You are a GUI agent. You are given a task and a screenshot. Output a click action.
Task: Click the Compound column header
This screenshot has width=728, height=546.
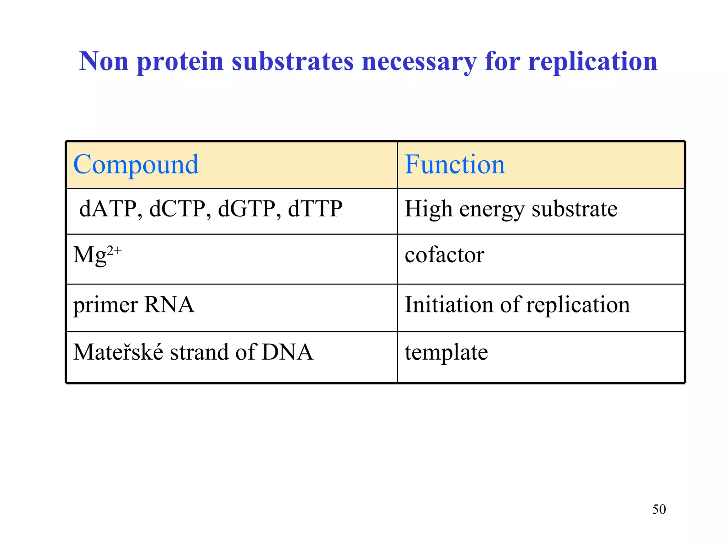(136, 165)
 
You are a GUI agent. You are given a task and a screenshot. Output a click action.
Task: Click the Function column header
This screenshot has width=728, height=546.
(455, 165)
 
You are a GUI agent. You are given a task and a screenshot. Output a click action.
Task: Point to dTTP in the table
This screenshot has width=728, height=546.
(315, 209)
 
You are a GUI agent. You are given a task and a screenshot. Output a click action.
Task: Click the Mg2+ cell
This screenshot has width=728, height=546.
(97, 255)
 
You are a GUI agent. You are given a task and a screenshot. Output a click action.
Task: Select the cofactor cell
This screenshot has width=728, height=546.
(444, 255)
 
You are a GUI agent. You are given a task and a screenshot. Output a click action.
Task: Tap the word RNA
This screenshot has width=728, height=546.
(169, 305)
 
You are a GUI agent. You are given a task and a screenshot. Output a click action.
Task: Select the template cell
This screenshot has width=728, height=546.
(446, 353)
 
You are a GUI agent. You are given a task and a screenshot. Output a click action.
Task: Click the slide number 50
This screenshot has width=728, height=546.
(659, 509)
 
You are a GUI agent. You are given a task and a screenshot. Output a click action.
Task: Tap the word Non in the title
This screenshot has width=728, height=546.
(103, 61)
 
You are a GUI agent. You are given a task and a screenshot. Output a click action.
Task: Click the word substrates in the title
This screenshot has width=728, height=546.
(293, 61)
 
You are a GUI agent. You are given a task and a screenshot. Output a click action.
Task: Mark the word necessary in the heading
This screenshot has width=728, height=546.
(419, 62)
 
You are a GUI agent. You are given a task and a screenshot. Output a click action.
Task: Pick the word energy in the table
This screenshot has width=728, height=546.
(492, 209)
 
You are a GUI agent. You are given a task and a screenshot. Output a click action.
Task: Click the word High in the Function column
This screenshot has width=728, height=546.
(428, 209)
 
